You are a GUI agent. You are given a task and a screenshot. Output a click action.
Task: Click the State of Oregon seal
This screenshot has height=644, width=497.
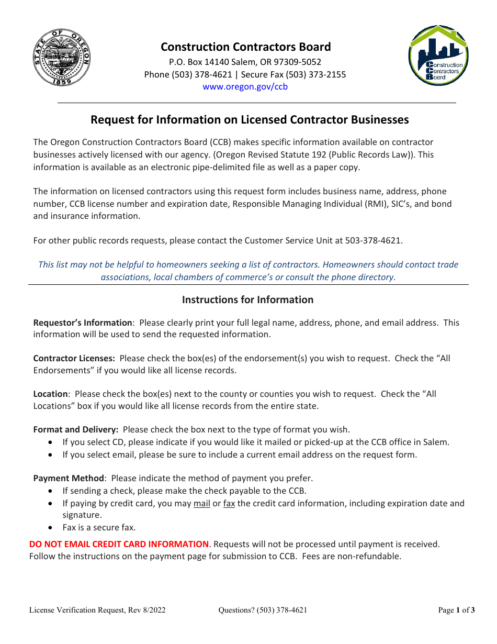tap(61, 57)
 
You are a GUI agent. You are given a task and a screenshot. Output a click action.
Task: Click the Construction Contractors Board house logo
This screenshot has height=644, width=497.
tap(438, 55)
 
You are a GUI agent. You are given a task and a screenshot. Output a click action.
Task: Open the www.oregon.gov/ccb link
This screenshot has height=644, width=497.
tap(245, 87)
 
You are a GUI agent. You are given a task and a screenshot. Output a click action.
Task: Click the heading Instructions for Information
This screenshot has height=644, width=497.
tap(247, 300)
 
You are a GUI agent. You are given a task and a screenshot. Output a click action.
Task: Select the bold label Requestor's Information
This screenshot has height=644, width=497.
tap(83, 323)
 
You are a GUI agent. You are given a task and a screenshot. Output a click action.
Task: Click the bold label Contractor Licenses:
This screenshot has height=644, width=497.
tap(74, 359)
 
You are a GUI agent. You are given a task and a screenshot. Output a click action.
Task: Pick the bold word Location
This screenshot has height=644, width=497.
tap(50, 394)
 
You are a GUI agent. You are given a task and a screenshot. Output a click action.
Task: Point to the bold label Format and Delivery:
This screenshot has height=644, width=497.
tap(76, 430)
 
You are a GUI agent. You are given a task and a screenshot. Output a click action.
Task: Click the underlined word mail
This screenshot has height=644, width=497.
tap(201, 504)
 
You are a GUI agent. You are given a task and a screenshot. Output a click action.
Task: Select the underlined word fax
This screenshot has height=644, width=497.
tap(229, 504)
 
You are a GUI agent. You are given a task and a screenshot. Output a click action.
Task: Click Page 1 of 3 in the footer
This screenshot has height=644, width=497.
tap(456, 610)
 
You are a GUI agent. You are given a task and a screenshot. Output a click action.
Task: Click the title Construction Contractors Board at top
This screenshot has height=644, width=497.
tap(245, 47)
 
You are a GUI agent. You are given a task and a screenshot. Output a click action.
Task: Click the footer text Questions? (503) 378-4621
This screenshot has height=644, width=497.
tap(263, 610)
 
